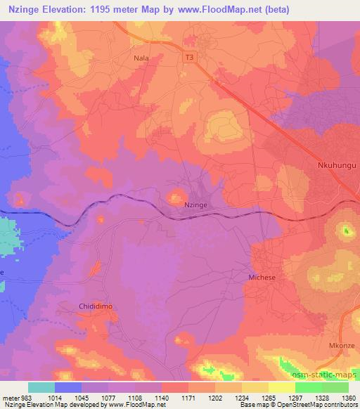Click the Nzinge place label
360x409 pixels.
click(x=195, y=204)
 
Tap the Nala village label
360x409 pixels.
click(x=142, y=60)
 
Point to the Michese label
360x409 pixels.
click(x=264, y=278)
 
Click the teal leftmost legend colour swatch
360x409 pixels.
click(x=41, y=387)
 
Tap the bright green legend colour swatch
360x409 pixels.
click(x=309, y=387)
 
